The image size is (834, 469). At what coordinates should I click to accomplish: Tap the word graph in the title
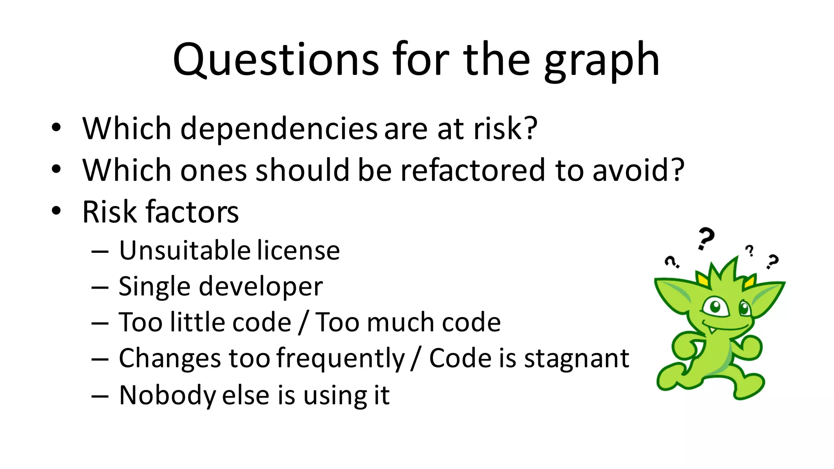click(x=601, y=61)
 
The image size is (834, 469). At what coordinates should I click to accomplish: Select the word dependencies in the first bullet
click(x=279, y=129)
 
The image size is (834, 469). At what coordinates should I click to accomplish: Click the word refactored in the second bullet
click(x=472, y=170)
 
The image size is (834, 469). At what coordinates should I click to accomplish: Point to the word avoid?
click(x=638, y=170)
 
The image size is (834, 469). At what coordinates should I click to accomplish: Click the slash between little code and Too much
click(x=302, y=322)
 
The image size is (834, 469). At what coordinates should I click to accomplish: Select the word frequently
click(x=340, y=359)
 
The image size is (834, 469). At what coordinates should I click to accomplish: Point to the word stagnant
click(x=576, y=359)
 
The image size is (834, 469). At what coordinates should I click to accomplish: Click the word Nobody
click(x=167, y=395)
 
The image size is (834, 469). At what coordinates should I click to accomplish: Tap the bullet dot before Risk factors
click(x=56, y=211)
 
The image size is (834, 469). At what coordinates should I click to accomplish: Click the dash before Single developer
click(x=100, y=287)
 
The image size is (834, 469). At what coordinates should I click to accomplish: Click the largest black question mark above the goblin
click(x=705, y=238)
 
